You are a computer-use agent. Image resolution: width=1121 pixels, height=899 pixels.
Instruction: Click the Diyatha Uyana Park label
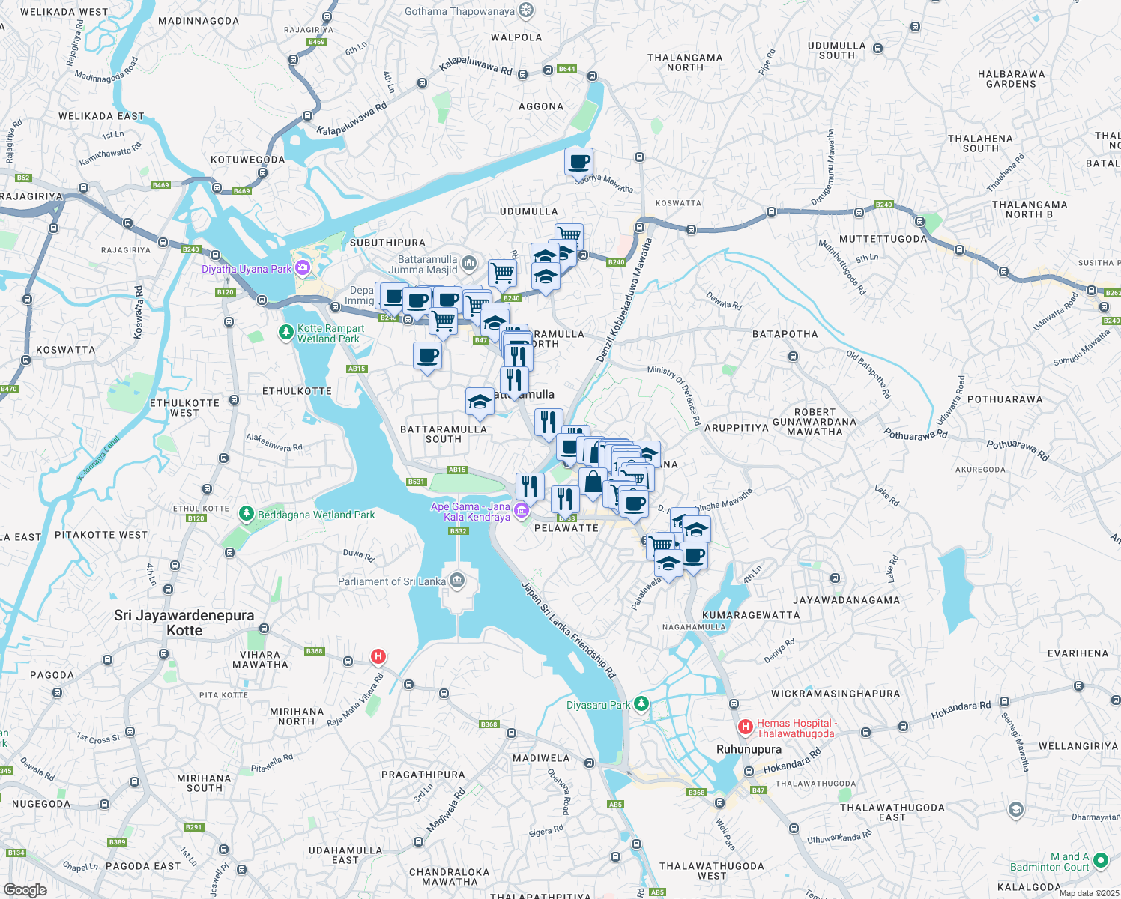247,269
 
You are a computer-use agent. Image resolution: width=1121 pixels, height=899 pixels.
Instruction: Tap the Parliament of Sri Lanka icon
456,581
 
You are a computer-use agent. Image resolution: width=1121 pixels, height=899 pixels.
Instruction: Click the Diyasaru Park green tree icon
641,704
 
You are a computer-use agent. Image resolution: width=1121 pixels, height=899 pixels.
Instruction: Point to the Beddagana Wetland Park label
316,515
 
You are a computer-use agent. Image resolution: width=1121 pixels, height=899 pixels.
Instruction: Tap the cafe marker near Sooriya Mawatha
578,161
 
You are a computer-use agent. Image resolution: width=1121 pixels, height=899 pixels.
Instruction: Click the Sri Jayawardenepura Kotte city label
184,623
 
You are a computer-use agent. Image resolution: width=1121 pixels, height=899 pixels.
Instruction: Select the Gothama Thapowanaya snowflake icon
527,10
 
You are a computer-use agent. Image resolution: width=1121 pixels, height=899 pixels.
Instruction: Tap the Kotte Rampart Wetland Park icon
285,332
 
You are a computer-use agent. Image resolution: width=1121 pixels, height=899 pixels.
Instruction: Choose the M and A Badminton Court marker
1100,861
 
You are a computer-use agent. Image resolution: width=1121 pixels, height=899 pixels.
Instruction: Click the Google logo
25,889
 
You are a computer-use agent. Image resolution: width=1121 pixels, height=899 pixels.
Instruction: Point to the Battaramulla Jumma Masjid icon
469,263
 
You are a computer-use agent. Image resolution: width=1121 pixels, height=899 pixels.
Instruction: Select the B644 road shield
566,69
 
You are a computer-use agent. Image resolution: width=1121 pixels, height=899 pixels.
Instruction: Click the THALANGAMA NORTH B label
1030,209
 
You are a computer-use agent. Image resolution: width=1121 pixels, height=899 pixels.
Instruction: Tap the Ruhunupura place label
749,749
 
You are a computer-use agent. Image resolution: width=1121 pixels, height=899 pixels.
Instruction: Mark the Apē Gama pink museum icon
522,512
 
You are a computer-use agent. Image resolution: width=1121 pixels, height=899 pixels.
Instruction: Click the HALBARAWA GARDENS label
1011,79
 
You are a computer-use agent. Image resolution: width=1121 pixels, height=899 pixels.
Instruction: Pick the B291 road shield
193,827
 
